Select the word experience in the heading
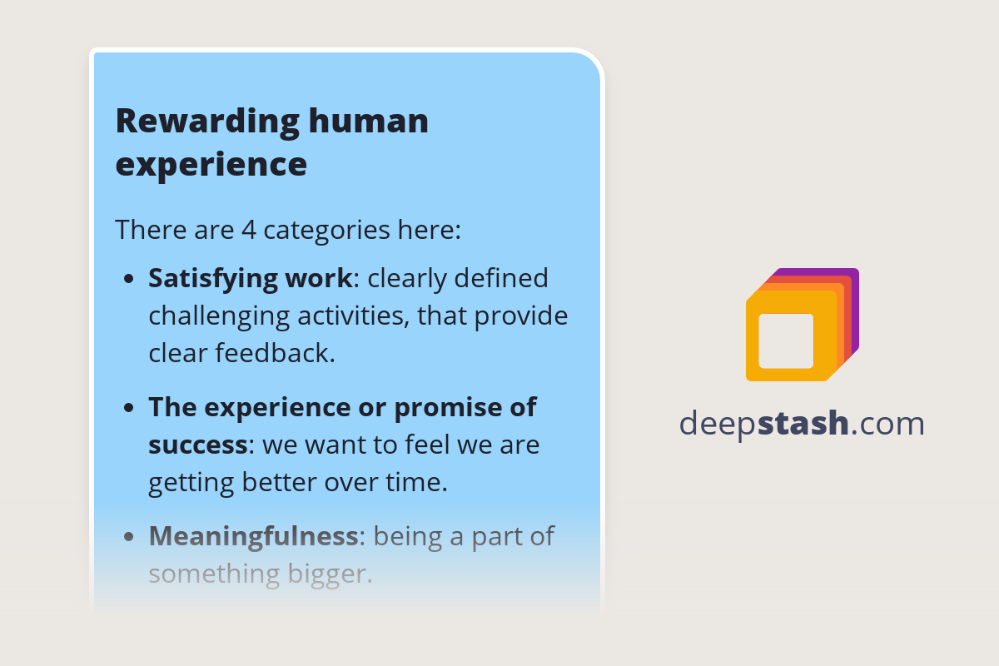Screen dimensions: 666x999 211,164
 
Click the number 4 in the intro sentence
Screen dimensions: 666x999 248,229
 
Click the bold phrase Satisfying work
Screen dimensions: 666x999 250,278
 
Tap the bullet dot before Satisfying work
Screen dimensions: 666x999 128,280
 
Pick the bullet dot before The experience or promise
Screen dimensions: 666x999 128,409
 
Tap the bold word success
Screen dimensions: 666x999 197,445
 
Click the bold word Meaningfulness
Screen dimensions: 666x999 253,536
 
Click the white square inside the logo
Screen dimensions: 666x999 786,340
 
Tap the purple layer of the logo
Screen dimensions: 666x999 853,283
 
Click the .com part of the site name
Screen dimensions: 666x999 887,424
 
